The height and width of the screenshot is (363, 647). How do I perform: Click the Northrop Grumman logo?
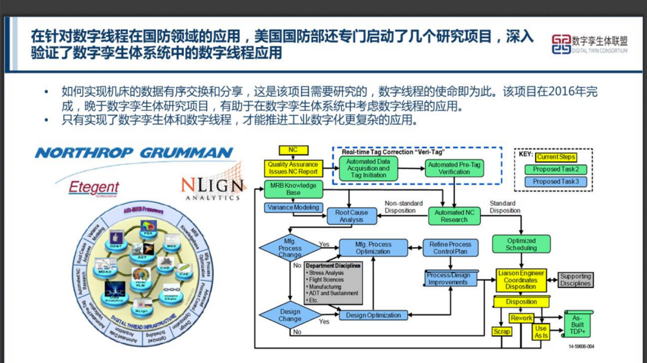coord(134,153)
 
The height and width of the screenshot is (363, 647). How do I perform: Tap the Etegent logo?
coord(94,188)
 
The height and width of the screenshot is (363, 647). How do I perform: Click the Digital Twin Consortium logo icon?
coord(561,44)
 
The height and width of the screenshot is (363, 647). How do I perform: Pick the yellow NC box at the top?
coord(293,150)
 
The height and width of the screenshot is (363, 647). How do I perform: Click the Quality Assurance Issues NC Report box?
coord(293,168)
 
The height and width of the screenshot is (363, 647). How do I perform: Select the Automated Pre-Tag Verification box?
coord(455,168)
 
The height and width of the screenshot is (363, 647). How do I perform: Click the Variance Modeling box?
coord(293,208)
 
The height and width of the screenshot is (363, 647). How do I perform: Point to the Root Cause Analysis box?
coord(351,216)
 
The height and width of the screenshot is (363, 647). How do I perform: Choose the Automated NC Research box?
coord(454,216)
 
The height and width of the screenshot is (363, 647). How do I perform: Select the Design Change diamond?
coord(290,315)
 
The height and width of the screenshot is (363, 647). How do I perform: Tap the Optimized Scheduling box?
coord(521,244)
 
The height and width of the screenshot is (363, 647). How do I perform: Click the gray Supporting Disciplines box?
coord(575,280)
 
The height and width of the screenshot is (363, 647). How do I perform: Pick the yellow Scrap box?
coord(502,331)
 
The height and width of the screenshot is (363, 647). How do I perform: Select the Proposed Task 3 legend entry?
coord(556,182)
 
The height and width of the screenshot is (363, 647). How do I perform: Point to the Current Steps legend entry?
coord(556,157)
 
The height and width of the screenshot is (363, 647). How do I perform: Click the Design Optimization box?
coord(373,315)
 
